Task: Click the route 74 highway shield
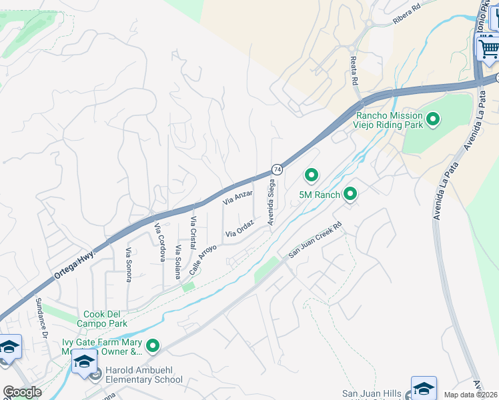[x=276, y=170]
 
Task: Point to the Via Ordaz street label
[x=241, y=231]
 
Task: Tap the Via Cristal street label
[x=193, y=231]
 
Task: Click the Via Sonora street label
[x=129, y=264]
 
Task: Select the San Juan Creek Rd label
[x=315, y=240]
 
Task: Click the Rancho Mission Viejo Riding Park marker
[x=433, y=120]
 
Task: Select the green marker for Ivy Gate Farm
[x=153, y=345]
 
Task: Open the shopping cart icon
[x=488, y=47]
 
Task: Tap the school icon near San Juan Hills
[x=424, y=387]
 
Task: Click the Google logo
[x=23, y=392]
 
